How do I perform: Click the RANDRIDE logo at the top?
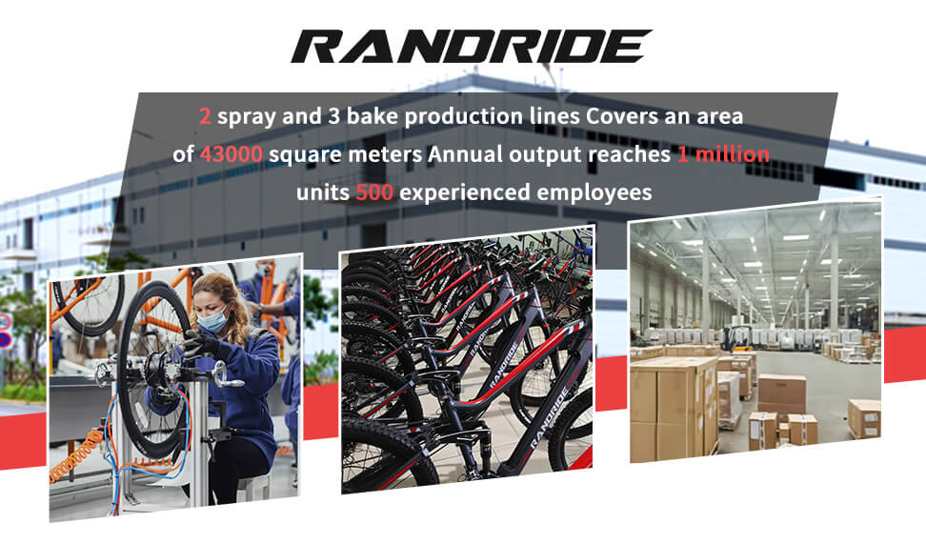472,46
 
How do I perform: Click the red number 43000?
231,154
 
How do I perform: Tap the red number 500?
374,192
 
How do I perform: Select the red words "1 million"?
723,154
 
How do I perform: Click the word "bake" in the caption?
372,116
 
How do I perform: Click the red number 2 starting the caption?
205,116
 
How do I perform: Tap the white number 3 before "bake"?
334,116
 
